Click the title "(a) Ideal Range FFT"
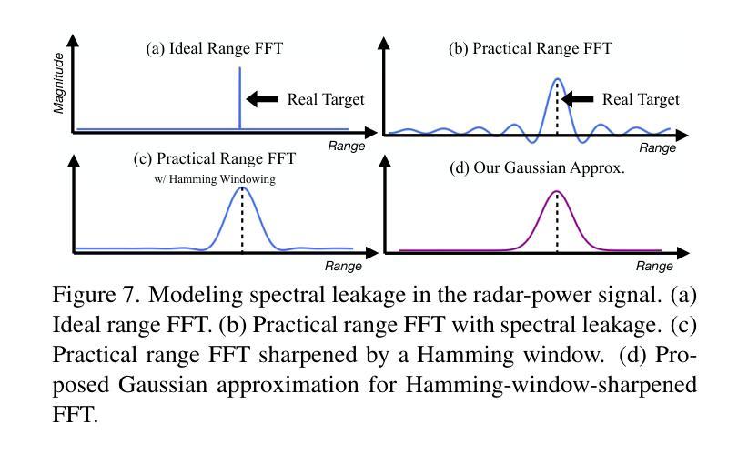click(214, 48)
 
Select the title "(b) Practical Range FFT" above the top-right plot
click(530, 48)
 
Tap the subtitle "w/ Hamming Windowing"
click(215, 179)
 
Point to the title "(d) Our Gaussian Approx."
click(537, 167)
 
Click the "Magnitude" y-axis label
click(58, 83)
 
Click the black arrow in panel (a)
click(262, 98)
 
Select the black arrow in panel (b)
click(577, 99)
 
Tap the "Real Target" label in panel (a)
click(326, 99)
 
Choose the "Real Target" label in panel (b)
click(641, 99)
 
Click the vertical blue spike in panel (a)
click(239, 97)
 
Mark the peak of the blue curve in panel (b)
click(557, 78)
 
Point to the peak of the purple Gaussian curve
click(557, 191)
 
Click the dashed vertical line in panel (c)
click(242, 219)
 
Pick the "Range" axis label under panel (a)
click(347, 146)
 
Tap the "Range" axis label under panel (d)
click(654, 266)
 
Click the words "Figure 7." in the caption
click(96, 295)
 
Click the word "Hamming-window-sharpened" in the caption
click(551, 385)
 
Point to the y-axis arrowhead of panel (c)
click(74, 161)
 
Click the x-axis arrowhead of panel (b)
click(682, 136)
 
